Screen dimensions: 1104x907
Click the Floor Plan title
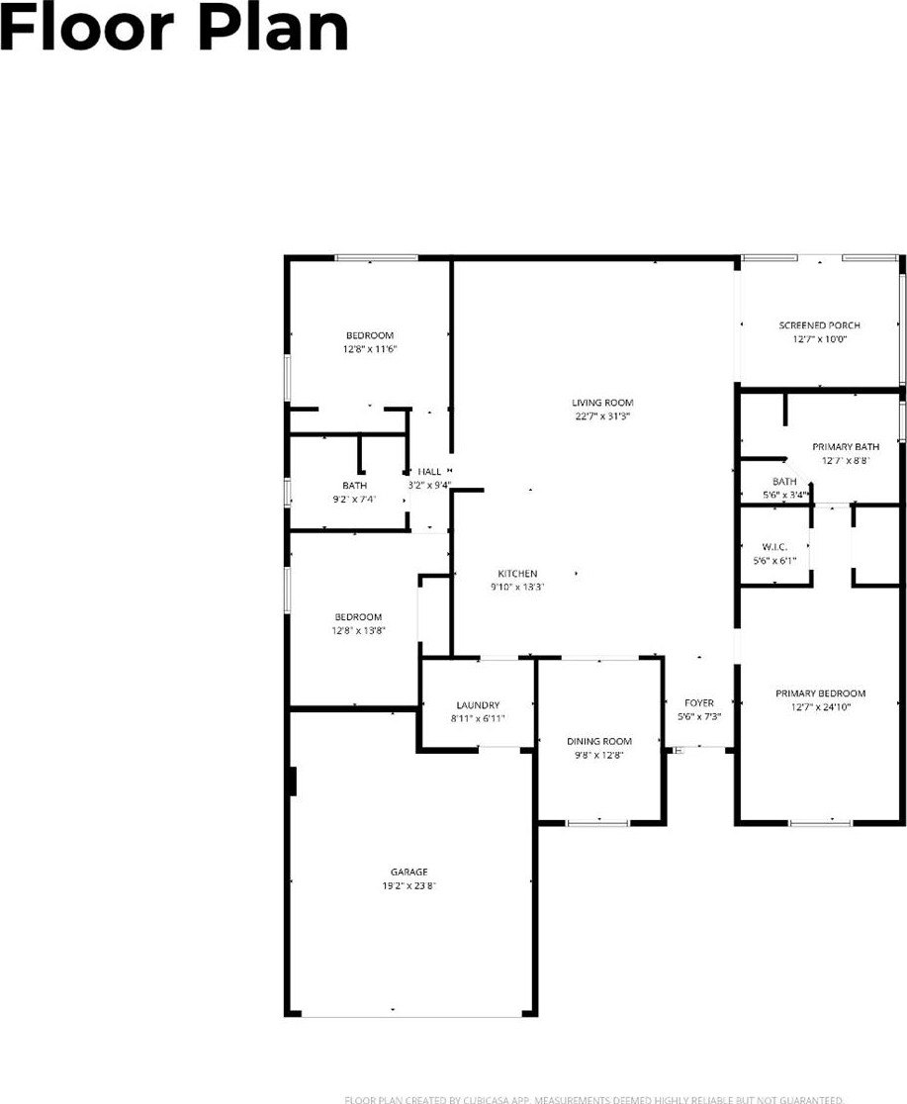174,29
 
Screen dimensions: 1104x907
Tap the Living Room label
601,403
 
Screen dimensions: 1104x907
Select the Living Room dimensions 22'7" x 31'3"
601,416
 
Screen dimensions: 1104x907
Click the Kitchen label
517,574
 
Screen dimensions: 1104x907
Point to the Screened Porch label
819,325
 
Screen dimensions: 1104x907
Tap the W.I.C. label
773,547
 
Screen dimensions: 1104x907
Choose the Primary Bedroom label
820,693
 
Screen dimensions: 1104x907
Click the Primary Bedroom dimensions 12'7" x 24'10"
820,707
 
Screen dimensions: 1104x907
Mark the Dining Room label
598,741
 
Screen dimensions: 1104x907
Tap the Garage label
408,872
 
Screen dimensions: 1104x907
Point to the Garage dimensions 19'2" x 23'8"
408,886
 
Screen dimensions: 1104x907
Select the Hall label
429,472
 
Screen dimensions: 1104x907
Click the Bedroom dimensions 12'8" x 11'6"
369,349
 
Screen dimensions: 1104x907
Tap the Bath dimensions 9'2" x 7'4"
355,500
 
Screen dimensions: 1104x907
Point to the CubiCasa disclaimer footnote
593,1099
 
